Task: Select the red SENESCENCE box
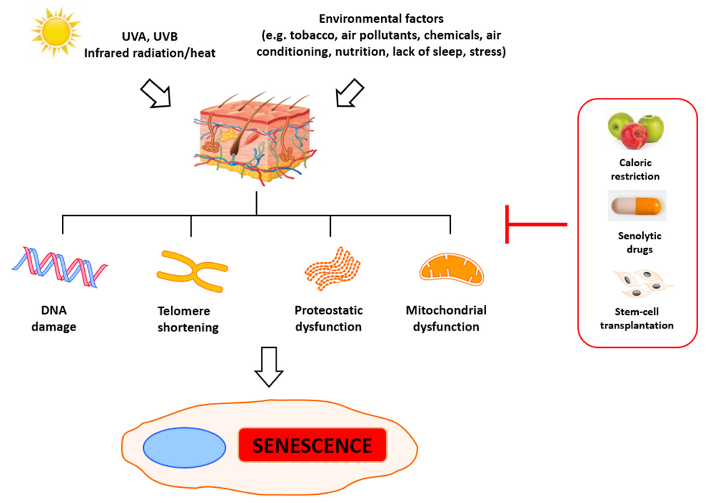tap(312, 445)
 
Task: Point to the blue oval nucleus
tap(185, 447)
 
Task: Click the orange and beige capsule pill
tap(637, 206)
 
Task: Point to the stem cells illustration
tap(641, 285)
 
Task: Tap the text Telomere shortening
tap(188, 319)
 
